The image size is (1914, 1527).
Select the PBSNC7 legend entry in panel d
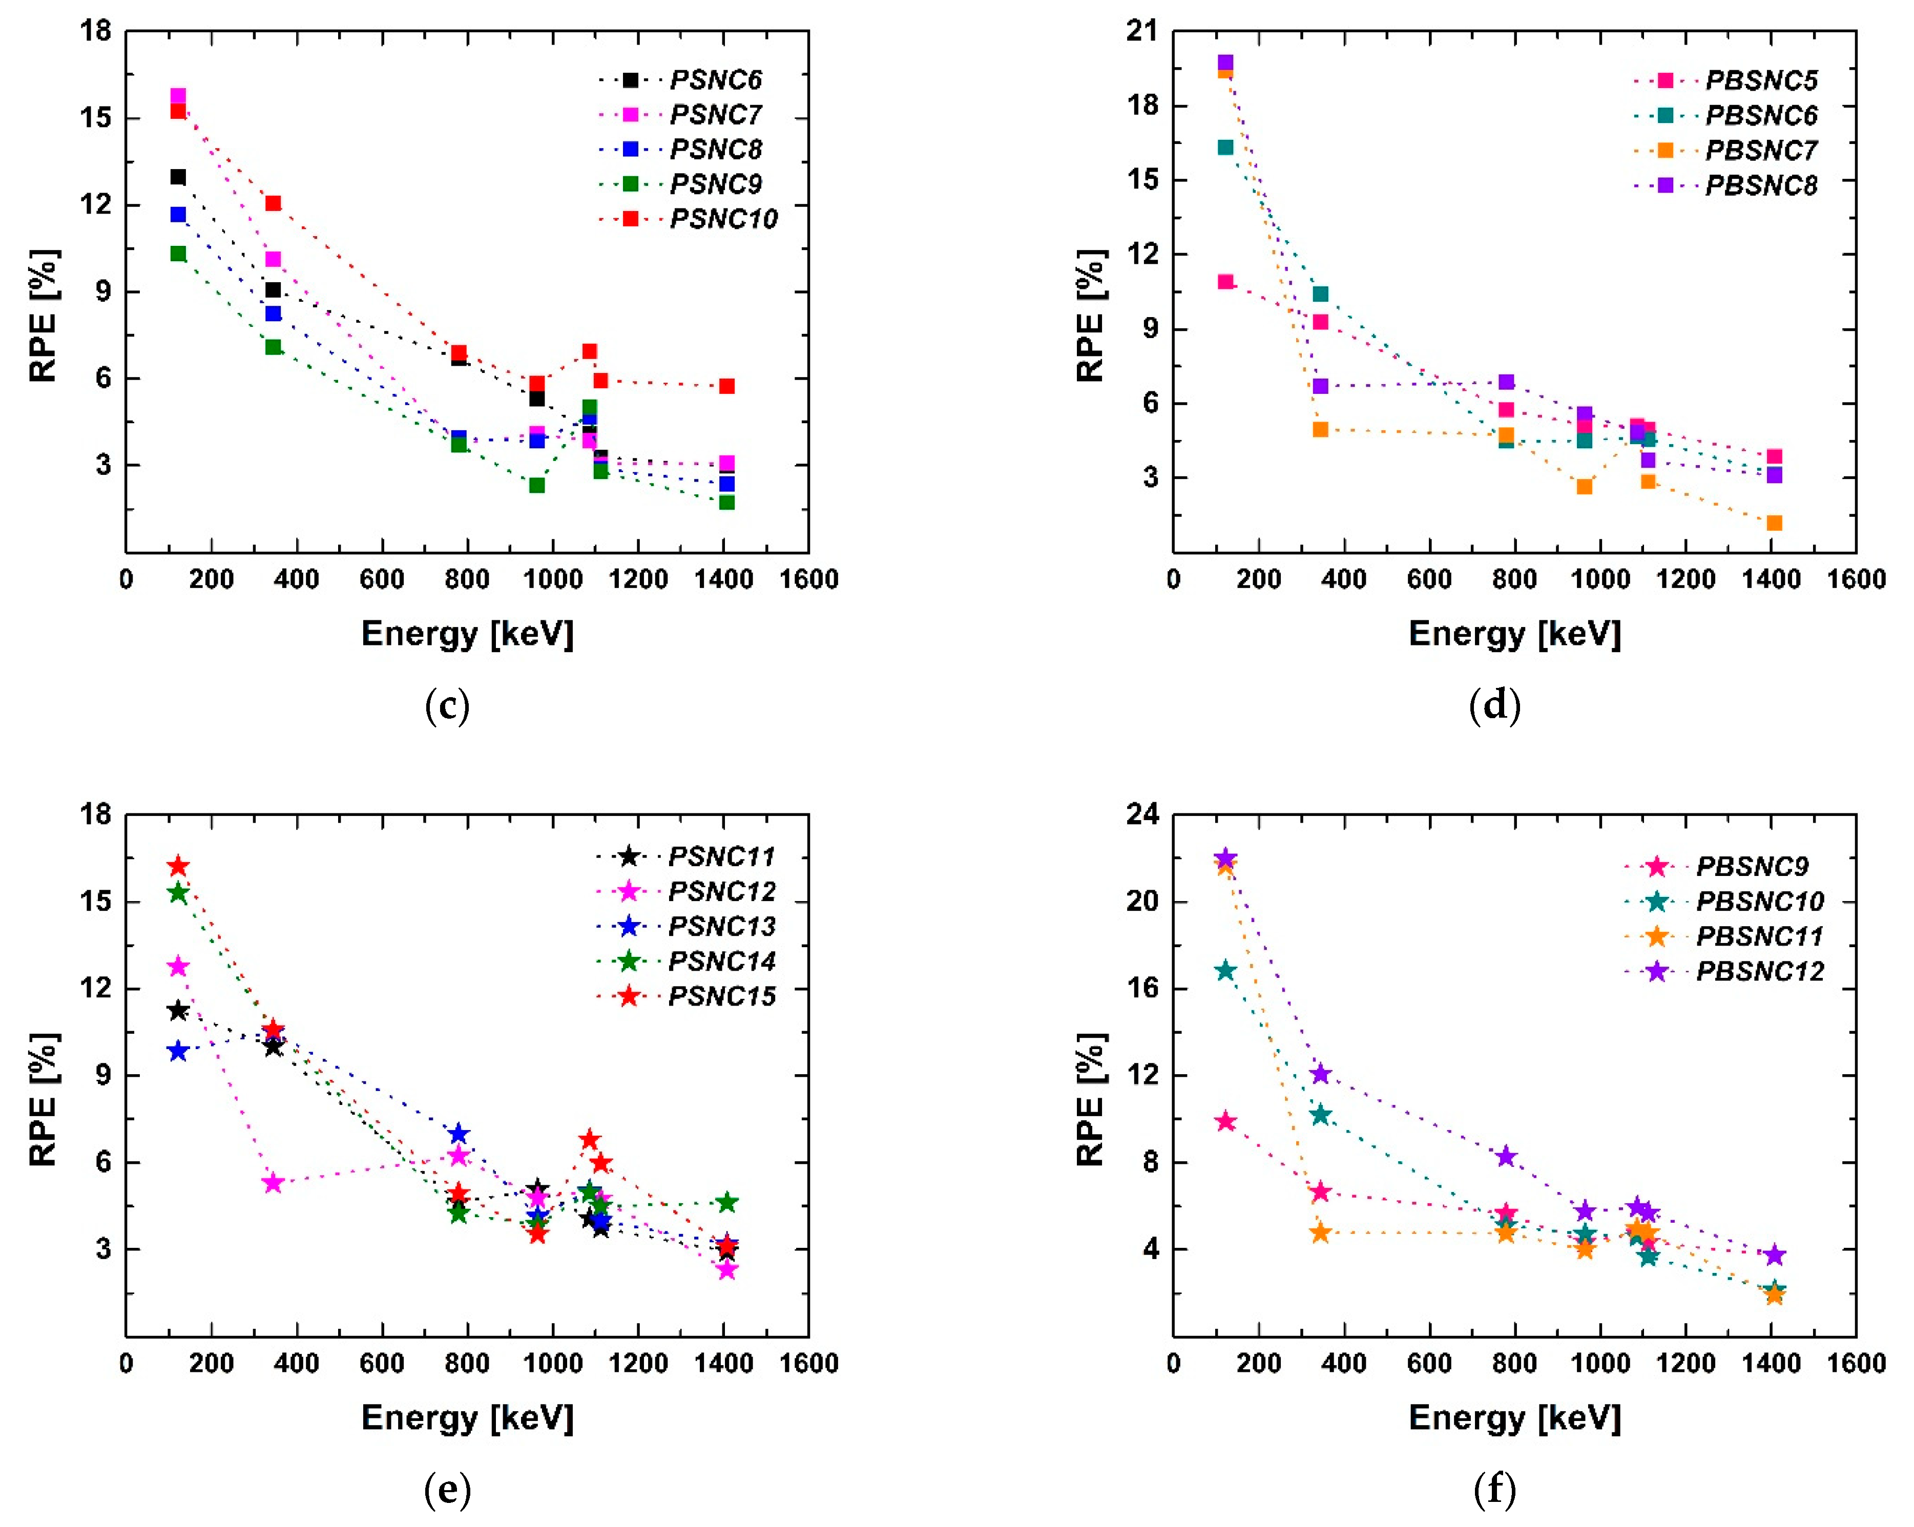pos(1760,150)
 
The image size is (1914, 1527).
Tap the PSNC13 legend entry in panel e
pos(721,926)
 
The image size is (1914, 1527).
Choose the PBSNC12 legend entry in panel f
pos(1759,971)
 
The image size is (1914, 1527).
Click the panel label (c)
pos(447,706)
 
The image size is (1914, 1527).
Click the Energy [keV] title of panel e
pos(467,1418)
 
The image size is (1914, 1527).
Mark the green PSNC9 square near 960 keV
pos(537,486)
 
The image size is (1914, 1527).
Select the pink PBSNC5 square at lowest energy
pos(1225,282)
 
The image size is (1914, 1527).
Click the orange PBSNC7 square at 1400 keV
pos(1774,523)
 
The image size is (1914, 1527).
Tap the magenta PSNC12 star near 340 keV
pos(273,1183)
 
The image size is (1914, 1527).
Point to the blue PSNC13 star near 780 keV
pos(458,1134)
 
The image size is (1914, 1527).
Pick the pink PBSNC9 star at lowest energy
pos(1225,1121)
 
